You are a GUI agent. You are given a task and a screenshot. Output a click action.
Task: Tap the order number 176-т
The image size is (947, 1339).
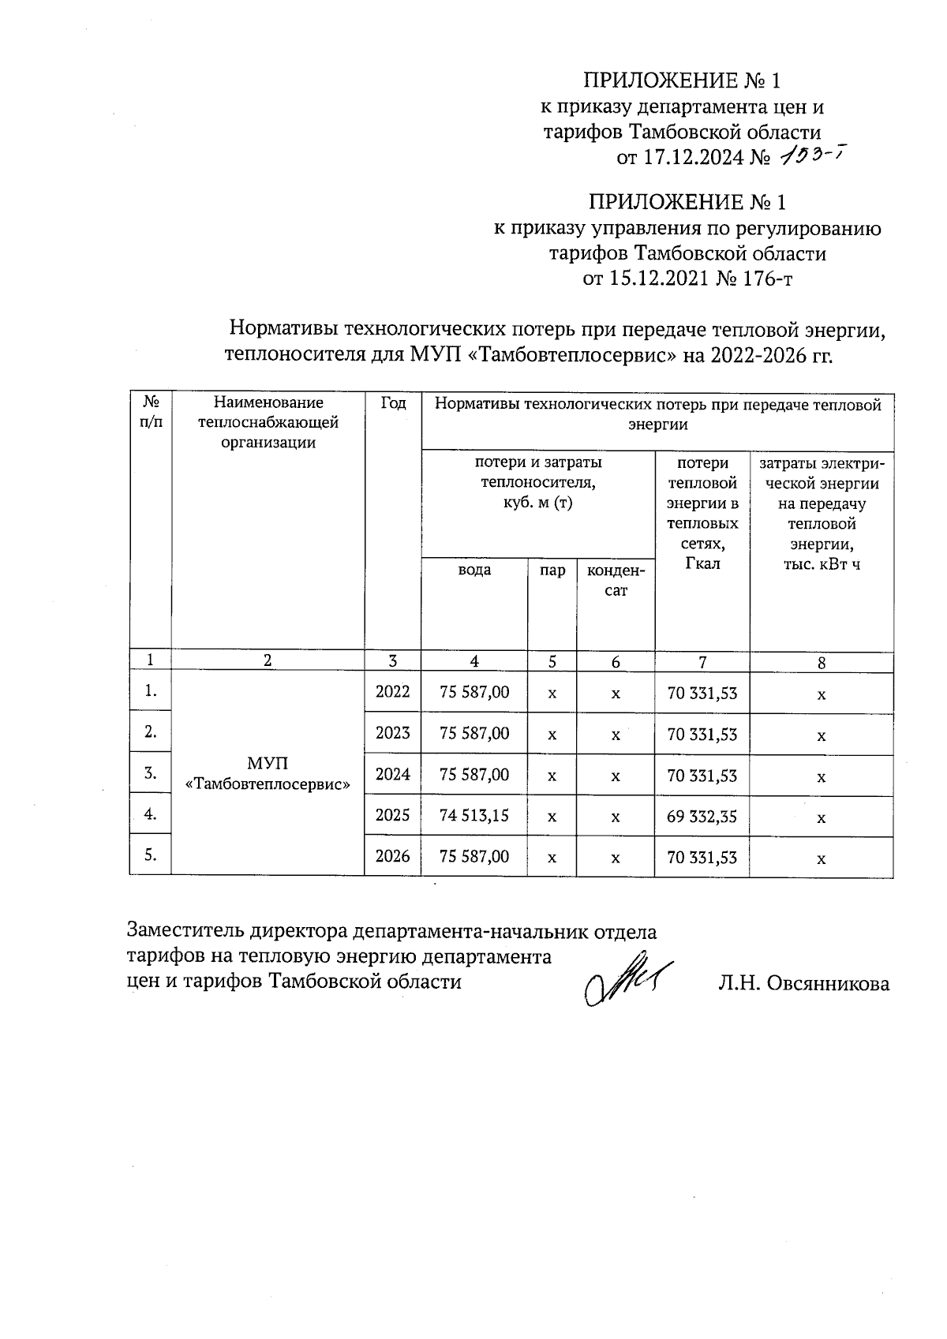pyautogui.click(x=763, y=279)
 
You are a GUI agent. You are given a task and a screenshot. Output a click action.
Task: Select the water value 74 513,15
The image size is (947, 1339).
pyautogui.click(x=474, y=815)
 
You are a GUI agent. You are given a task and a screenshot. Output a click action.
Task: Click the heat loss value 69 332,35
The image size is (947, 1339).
pyautogui.click(x=702, y=816)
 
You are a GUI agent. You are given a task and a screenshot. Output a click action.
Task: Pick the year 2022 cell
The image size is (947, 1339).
pyautogui.click(x=392, y=693)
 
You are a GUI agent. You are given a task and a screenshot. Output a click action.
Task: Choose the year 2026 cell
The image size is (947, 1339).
pyautogui.click(x=392, y=856)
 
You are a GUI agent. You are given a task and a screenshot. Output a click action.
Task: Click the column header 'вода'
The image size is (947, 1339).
pyautogui.click(x=474, y=570)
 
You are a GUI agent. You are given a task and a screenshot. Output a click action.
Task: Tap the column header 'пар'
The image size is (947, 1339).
pyautogui.click(x=552, y=570)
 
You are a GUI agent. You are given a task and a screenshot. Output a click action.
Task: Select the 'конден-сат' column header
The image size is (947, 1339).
pyautogui.click(x=616, y=580)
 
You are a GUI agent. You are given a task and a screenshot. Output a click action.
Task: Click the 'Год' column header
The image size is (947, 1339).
pyautogui.click(x=393, y=404)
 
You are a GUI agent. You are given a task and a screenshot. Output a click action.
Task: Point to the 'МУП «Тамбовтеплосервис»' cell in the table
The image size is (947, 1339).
pyautogui.click(x=268, y=773)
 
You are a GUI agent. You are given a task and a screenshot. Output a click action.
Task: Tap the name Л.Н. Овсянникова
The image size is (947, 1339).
pyautogui.click(x=803, y=984)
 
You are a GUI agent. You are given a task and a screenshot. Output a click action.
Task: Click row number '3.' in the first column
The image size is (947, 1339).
pyautogui.click(x=150, y=773)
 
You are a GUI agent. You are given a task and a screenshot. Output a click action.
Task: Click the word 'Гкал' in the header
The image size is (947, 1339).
pyautogui.click(x=702, y=563)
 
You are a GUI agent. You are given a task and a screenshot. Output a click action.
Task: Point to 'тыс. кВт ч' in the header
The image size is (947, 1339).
pyautogui.click(x=821, y=565)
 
